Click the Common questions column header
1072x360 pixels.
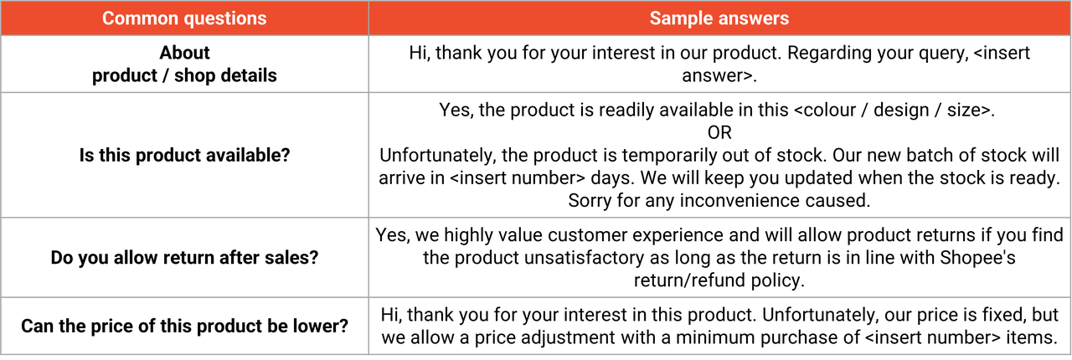click(184, 18)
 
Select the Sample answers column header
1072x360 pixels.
click(719, 18)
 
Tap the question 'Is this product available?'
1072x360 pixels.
click(185, 155)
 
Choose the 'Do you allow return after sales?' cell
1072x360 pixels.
click(185, 258)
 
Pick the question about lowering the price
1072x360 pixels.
click(185, 326)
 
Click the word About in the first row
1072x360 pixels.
click(185, 53)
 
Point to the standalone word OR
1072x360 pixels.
click(719, 132)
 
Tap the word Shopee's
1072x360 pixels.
click(977, 258)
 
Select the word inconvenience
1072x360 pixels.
click(740, 201)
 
